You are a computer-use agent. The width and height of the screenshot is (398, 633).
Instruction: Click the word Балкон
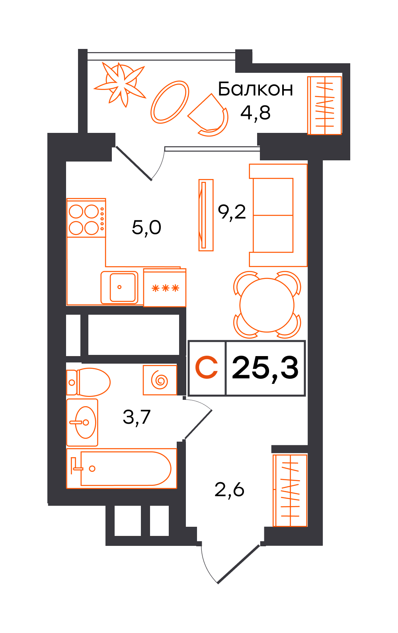(255, 89)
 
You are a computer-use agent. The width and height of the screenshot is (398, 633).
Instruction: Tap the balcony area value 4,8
(255, 113)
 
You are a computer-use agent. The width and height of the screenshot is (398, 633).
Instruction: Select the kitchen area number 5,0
(146, 228)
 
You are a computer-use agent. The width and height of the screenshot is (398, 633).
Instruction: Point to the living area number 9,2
(232, 212)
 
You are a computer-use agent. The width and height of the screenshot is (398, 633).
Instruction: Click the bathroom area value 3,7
(137, 417)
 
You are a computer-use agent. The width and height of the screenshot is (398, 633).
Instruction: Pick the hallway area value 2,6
(229, 490)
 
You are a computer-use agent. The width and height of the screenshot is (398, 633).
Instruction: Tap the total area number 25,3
(265, 368)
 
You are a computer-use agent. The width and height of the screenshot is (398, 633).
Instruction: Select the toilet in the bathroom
(88, 382)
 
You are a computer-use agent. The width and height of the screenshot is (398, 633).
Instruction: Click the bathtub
(121, 468)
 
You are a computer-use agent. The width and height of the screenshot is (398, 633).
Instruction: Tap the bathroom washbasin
(82, 423)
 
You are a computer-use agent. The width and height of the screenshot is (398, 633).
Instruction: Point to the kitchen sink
(119, 287)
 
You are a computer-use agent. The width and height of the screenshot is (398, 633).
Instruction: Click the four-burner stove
(86, 218)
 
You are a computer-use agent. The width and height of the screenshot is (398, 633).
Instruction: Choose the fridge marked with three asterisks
(165, 288)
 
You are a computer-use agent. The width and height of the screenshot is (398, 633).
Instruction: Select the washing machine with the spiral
(160, 380)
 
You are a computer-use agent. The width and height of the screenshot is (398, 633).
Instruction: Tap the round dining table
(267, 305)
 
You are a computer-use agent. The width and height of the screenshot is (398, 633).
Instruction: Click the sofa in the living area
(278, 215)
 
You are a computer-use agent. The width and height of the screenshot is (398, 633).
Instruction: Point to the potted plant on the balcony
(120, 84)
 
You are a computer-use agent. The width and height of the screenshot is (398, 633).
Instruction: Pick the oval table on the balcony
(170, 102)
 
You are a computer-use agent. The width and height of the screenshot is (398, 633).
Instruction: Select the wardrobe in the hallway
(290, 490)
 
